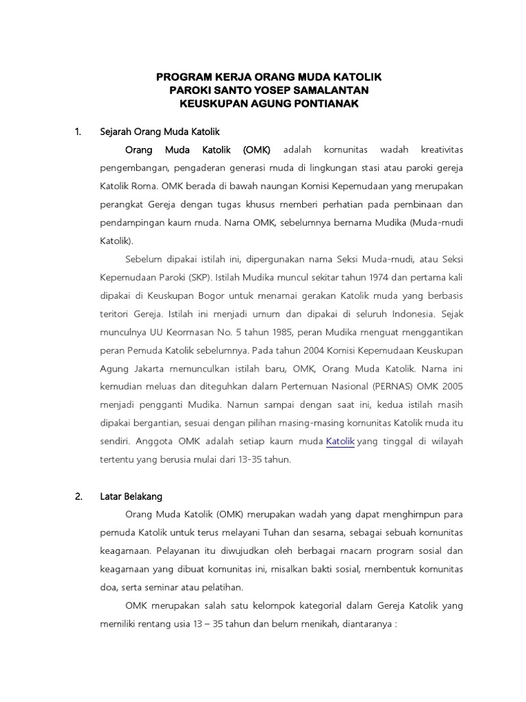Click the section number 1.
click(77, 131)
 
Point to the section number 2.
click(77, 496)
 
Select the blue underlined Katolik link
click(340, 441)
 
